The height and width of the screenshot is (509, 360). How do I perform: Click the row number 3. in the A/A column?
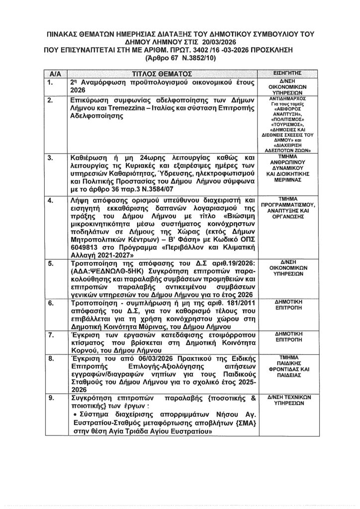pyautogui.click(x=50, y=158)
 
